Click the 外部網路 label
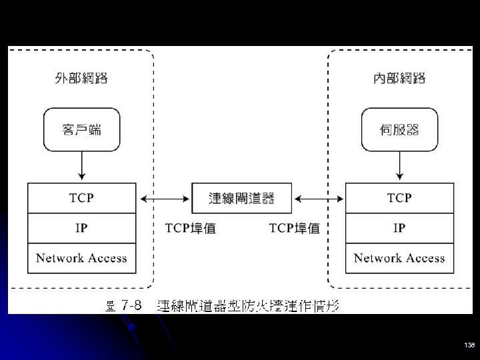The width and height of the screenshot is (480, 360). click(x=81, y=79)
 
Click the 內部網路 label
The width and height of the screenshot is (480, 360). click(x=399, y=79)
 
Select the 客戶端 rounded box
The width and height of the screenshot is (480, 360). click(x=81, y=130)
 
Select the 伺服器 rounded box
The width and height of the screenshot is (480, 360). click(x=399, y=130)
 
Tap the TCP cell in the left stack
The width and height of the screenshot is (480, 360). click(x=81, y=198)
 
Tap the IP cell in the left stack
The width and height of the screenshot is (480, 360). click(x=81, y=228)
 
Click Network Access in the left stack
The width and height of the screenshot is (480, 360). click(x=81, y=258)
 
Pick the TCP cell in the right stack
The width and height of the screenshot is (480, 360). click(x=399, y=198)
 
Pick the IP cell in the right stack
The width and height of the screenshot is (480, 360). click(x=399, y=228)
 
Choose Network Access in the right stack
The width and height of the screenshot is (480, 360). click(x=399, y=258)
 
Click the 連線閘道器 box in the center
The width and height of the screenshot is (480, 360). click(x=241, y=198)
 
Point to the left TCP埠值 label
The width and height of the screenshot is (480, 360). click(x=190, y=228)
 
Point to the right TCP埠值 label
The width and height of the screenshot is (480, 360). click(x=294, y=228)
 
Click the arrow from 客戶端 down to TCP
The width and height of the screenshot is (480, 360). click(x=81, y=165)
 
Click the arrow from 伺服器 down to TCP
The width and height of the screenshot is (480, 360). click(x=399, y=165)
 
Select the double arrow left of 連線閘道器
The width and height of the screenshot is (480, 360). click(x=164, y=198)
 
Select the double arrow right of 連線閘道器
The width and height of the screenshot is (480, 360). click(x=319, y=198)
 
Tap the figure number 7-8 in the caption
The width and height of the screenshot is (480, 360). click(x=132, y=306)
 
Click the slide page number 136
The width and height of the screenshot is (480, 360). click(x=469, y=345)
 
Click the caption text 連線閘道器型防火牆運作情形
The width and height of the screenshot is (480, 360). click(x=248, y=306)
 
